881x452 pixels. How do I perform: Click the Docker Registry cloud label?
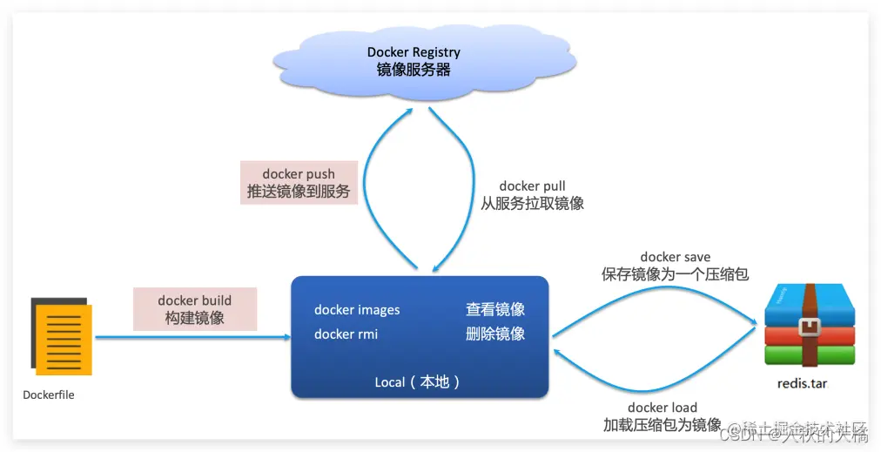click(414, 52)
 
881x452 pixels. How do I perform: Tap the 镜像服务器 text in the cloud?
click(414, 70)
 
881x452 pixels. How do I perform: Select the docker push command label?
click(299, 174)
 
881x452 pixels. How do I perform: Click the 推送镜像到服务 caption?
click(299, 192)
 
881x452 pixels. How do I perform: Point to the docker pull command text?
click(532, 186)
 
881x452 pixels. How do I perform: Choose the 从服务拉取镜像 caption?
click(532, 204)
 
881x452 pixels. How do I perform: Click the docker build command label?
click(195, 300)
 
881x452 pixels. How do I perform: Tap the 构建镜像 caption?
click(195, 318)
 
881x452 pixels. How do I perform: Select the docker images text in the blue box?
click(357, 310)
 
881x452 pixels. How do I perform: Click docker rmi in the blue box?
click(346, 334)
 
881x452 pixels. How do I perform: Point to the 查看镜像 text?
click(495, 310)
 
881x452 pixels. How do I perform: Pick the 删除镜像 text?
click(495, 334)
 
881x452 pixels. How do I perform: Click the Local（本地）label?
click(418, 382)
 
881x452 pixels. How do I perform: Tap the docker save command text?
click(676, 257)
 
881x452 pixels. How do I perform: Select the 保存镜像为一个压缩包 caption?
click(676, 274)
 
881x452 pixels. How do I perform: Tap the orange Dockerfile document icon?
click(61, 335)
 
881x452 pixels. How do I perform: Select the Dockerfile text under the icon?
click(49, 395)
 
